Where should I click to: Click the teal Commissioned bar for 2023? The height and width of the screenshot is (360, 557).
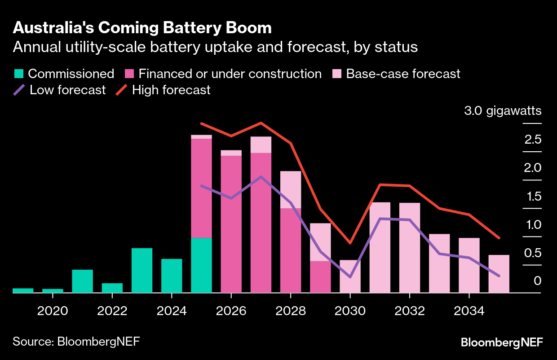(142, 270)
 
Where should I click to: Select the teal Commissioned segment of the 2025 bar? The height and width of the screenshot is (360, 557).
(201, 265)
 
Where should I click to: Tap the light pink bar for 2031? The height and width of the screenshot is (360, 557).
(380, 247)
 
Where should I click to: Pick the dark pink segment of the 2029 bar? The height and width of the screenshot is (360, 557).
(320, 277)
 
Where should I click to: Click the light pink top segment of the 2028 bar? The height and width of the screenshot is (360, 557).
(291, 189)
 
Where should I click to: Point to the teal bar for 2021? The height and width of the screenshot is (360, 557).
(83, 281)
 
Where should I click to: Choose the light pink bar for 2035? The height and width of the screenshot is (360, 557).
(499, 274)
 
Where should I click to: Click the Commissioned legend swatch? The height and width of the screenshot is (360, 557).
(18, 74)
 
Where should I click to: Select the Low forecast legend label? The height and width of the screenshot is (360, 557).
(67, 90)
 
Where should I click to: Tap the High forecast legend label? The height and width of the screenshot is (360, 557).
(171, 90)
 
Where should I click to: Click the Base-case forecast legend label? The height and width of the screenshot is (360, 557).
(403, 74)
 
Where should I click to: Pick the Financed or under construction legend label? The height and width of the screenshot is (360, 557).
(230, 74)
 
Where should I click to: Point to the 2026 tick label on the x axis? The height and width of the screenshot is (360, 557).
(231, 311)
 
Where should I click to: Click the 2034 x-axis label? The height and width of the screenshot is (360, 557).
(469, 311)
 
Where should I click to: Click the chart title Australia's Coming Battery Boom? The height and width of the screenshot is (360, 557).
(142, 28)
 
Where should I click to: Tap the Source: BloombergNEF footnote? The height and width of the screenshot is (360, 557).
(76, 341)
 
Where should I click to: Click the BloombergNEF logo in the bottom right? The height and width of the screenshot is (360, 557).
(502, 342)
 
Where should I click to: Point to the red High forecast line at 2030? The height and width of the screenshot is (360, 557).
(350, 243)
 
